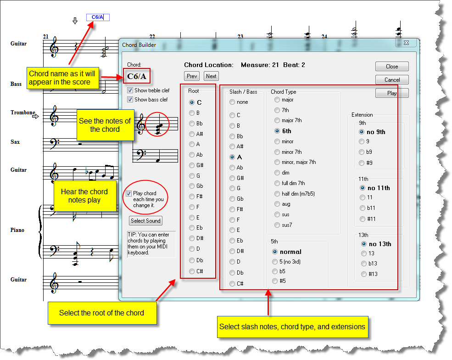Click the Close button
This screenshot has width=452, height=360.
[x=392, y=67]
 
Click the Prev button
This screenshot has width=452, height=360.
[x=192, y=76]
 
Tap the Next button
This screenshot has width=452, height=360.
[x=211, y=76]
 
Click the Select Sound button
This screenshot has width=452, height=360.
[x=145, y=221]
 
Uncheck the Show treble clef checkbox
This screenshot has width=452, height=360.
[x=130, y=90]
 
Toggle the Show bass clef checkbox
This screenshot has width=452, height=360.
[x=130, y=100]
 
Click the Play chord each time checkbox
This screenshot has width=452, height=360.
[x=129, y=193]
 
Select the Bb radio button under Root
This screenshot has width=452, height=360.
[x=192, y=124]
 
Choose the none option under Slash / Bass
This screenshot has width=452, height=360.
[x=232, y=102]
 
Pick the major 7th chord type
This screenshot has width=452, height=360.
[x=277, y=120]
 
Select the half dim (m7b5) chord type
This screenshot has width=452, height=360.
[x=277, y=194]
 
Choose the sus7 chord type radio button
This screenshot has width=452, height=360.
[x=277, y=225]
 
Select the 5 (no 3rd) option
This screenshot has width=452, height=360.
[x=275, y=262]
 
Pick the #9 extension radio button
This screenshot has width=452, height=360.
[x=363, y=163]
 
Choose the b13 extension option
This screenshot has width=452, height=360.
[x=364, y=264]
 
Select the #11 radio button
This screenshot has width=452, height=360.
[x=363, y=219]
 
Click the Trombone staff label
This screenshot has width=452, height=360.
[x=23, y=112]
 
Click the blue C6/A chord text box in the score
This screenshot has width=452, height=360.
[x=98, y=17]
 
